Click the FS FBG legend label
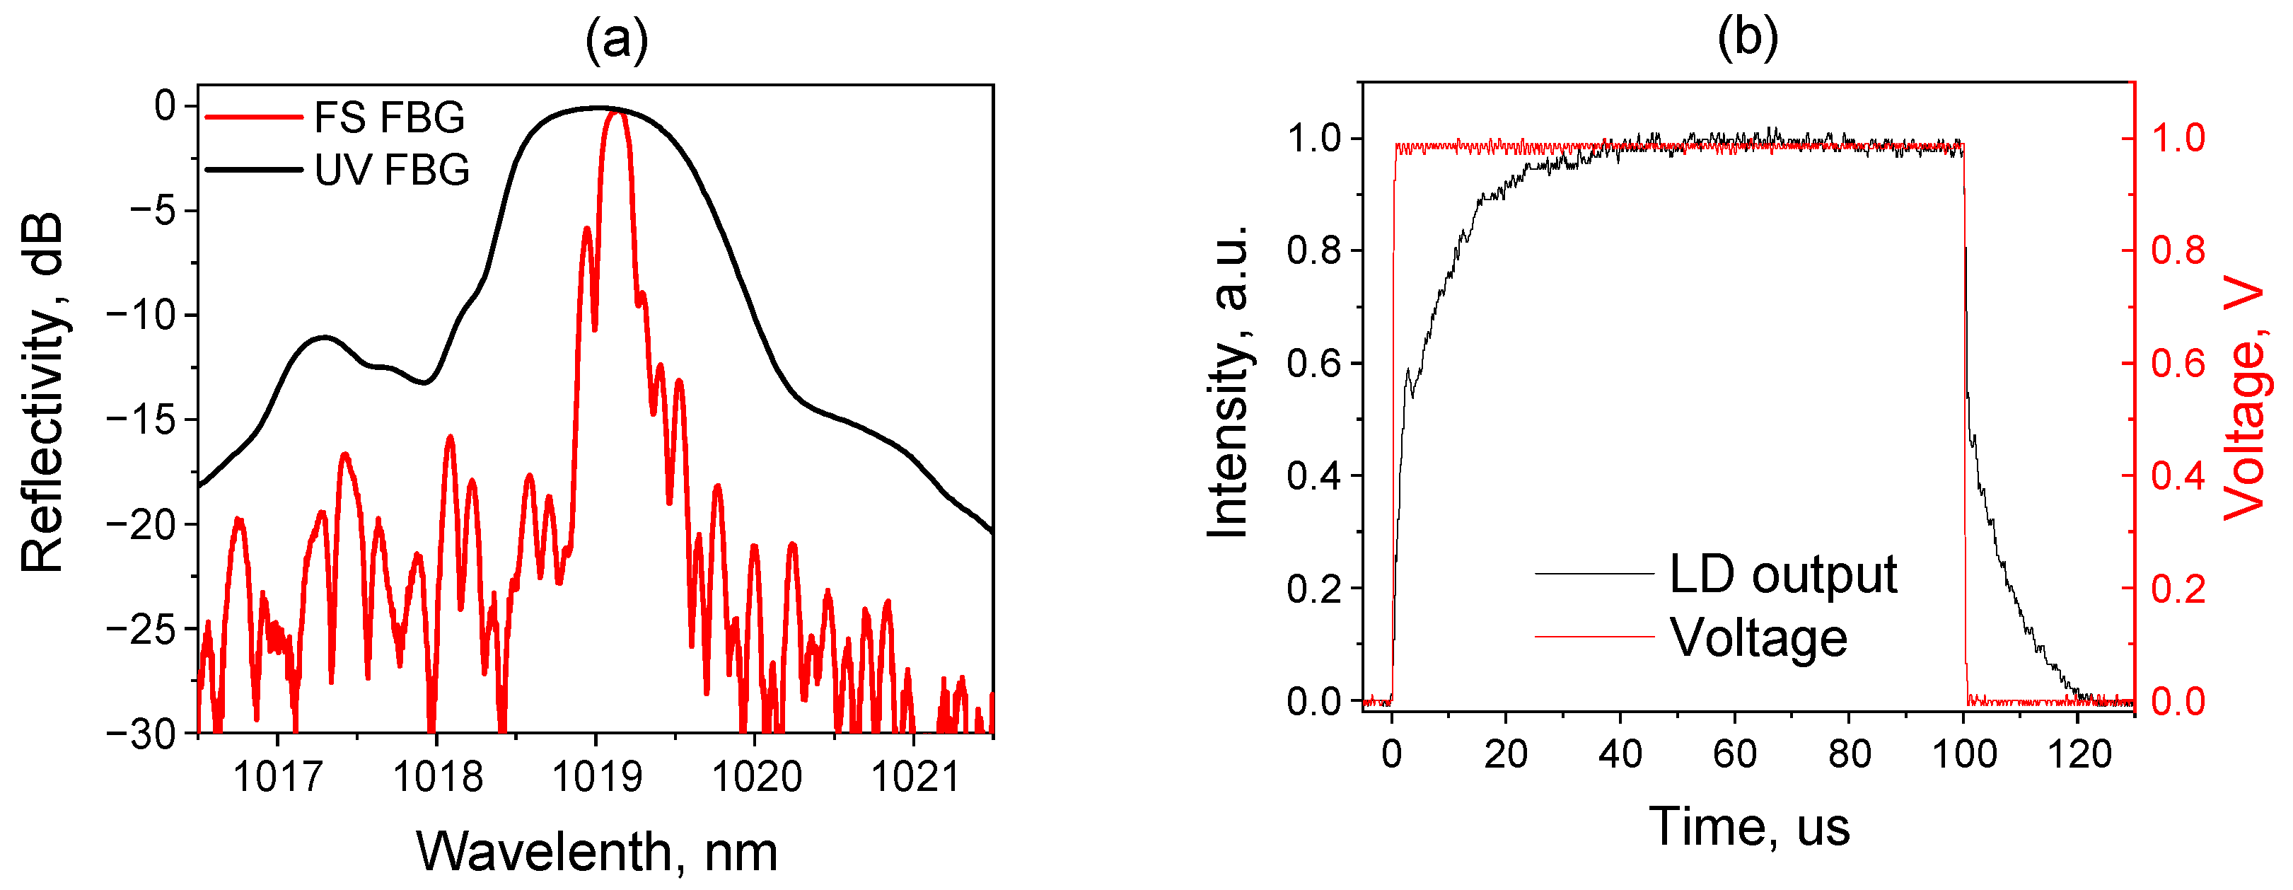pos(389,117)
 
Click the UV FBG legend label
pos(392,170)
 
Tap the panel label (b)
pos(1748,38)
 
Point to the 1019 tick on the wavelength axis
pos(596,777)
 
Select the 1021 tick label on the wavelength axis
pos(915,777)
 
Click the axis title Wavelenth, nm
pos(596,852)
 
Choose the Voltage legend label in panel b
pos(1758,638)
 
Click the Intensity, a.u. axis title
pos(1229,383)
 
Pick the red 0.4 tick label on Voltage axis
pos(2178,475)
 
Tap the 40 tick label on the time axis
pos(1620,755)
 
